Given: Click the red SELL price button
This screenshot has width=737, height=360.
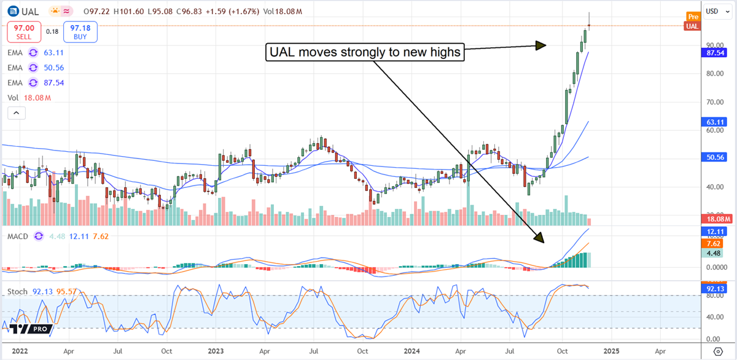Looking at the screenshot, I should click(23, 31).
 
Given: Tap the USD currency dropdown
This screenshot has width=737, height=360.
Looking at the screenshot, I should click(716, 11).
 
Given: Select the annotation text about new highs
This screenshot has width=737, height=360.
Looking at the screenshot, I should click(365, 53).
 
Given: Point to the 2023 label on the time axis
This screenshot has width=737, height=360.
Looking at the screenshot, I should click(215, 351).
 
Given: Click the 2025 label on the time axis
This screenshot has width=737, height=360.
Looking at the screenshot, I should click(610, 351).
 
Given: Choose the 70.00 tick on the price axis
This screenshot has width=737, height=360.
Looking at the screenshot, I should click(714, 101).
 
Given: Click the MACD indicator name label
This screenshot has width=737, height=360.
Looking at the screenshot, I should click(18, 236).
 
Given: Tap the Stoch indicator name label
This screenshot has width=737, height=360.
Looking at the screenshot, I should click(17, 291).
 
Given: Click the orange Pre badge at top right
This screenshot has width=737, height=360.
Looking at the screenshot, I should click(693, 17).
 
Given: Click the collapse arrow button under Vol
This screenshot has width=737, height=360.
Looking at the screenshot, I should click(16, 113).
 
